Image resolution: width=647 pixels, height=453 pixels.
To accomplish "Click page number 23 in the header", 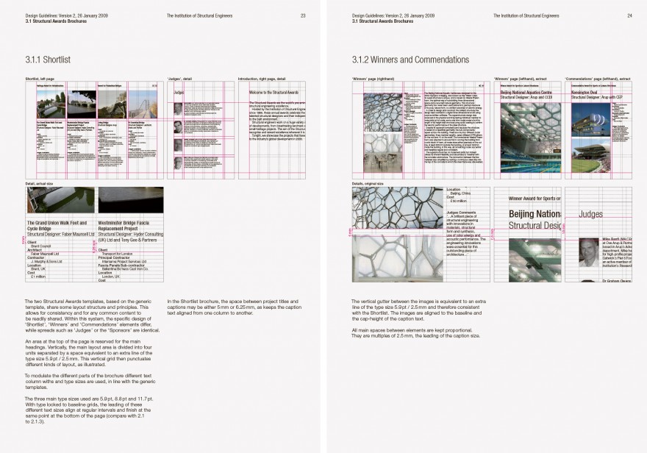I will point(303,15).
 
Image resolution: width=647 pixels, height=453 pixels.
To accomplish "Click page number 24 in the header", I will point(629,15).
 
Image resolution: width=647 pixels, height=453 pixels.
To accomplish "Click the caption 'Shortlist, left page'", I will point(40,76).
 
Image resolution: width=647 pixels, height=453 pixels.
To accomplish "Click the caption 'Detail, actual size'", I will point(40,182).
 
